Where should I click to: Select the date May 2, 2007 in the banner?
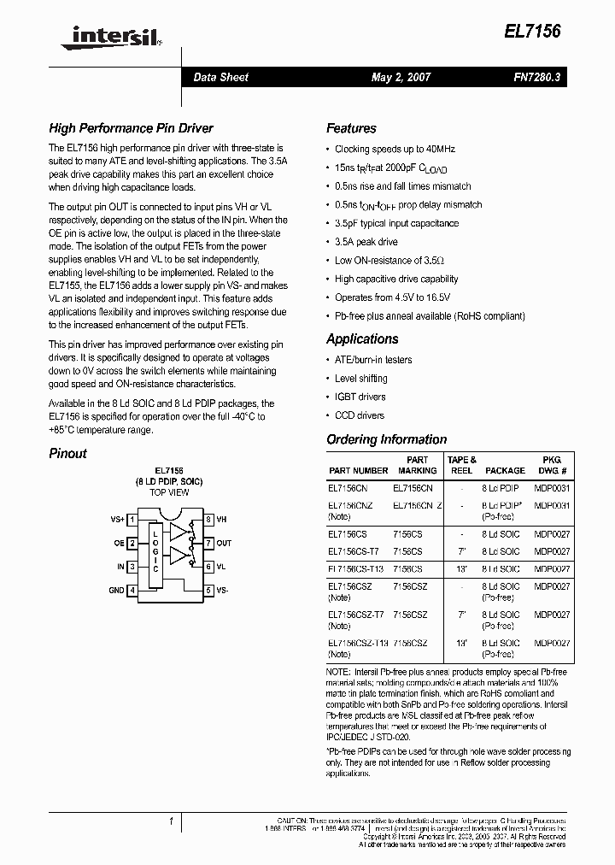(401, 77)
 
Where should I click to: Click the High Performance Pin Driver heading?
(131, 129)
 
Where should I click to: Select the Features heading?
(351, 129)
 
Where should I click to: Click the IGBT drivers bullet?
(360, 397)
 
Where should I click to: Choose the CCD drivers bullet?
(359, 415)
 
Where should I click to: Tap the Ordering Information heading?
(386, 440)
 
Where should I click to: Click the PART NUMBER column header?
(358, 470)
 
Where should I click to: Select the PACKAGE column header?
(505, 470)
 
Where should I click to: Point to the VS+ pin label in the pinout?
(117, 519)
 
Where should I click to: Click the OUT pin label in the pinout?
(224, 543)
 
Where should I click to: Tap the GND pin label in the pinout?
(115, 590)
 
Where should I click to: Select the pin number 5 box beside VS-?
(208, 590)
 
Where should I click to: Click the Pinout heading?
(67, 454)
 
